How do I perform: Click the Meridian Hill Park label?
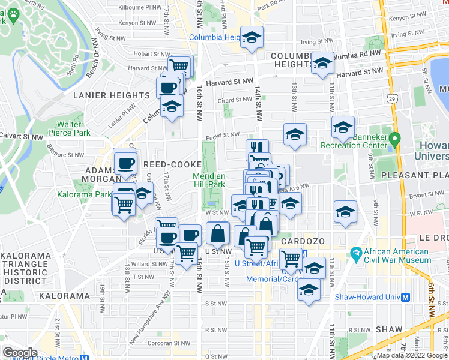[209, 180]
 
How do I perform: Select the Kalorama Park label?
[84, 194]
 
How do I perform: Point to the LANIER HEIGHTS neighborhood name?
[111, 95]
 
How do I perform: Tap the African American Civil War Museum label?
[396, 256]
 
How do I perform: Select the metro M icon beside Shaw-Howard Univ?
[406, 296]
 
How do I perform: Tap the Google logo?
[19, 353]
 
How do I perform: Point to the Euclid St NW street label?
[224, 135]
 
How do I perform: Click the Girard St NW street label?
[234, 100]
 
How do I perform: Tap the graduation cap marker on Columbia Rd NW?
[322, 62]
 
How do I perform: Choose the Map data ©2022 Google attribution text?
[411, 355]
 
